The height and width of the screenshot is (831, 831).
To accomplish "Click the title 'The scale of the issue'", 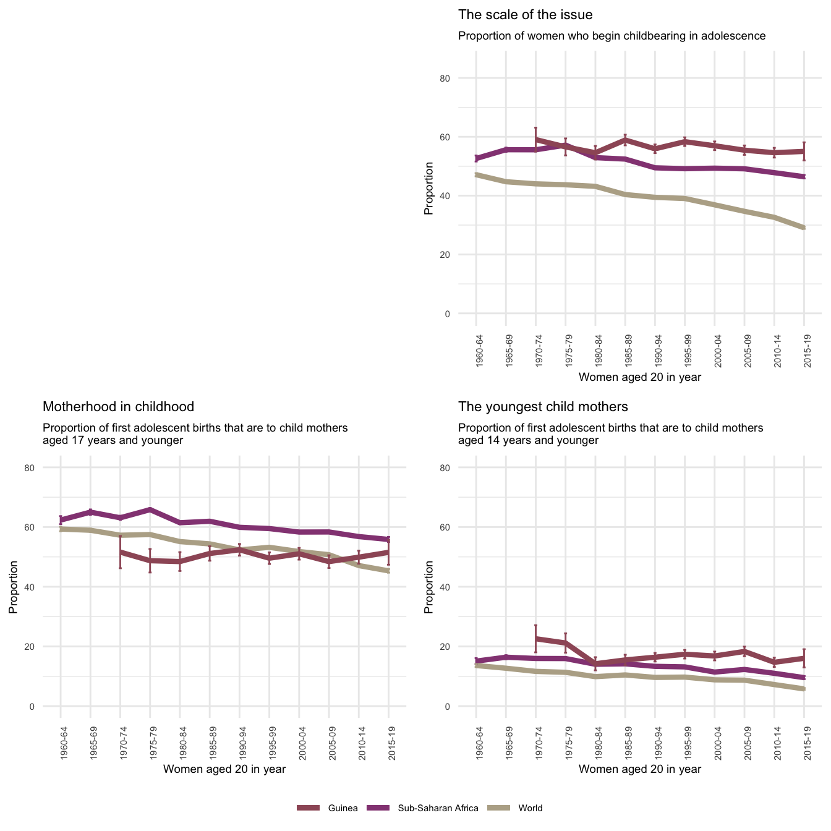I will point(525,15).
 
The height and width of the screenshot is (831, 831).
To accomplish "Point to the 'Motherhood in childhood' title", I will point(118,407).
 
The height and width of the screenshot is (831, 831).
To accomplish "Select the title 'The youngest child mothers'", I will point(543,407).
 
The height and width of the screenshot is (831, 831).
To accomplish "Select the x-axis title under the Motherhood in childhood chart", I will point(224,769).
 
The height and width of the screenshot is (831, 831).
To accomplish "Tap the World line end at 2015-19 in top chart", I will point(804,228).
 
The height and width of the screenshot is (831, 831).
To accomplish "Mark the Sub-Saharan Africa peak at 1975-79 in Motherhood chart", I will point(150,509).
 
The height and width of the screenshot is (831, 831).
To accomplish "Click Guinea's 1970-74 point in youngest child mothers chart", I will point(535,639).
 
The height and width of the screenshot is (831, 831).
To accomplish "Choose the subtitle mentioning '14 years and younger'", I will point(610,434).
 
